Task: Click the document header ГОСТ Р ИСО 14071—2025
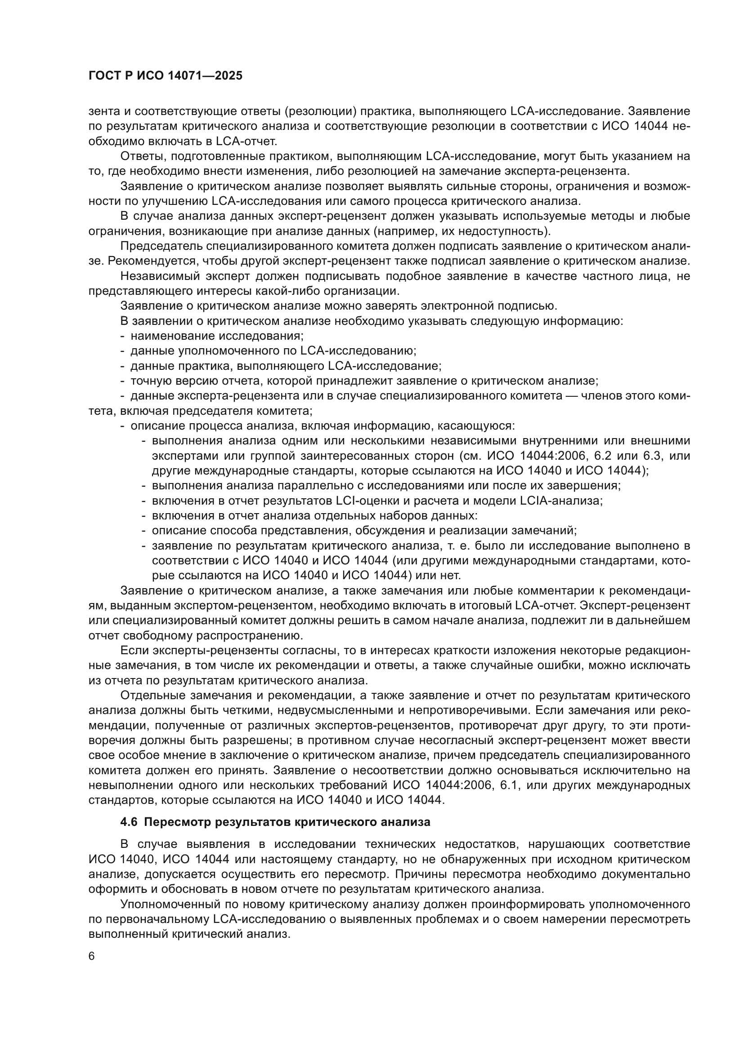pos(166,75)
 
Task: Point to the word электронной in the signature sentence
pos(463,306)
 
